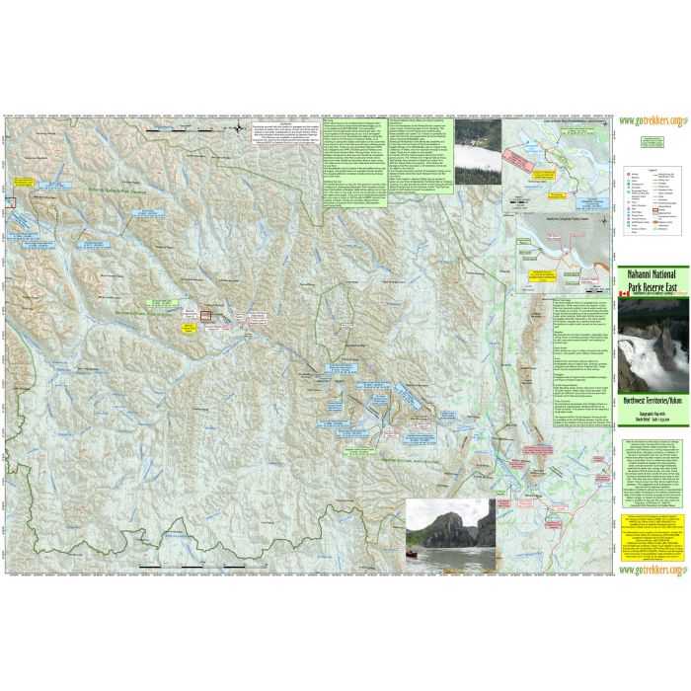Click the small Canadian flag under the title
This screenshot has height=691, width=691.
(622, 295)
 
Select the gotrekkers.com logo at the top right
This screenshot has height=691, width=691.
(651, 121)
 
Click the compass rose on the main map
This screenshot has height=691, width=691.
(244, 126)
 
